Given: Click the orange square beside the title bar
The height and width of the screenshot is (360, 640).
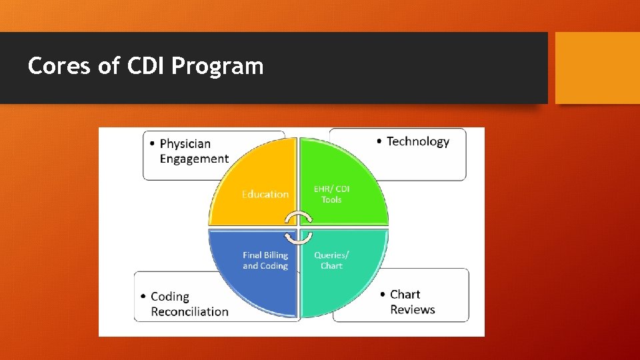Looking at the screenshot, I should pos(597,68).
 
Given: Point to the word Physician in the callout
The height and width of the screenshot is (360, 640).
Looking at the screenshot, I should pos(185,143).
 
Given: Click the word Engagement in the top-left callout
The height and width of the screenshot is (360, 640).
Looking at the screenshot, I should pos(194,159).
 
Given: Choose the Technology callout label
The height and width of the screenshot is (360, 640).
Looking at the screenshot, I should pos(418,141).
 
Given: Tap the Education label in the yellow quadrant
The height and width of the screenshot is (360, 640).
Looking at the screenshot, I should pos(265,194).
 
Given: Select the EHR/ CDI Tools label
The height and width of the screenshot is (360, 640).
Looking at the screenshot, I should pos(331,194).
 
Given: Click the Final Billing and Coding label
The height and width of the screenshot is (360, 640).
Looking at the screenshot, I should pos(265,260).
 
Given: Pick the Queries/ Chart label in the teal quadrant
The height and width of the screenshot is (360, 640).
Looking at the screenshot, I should pos(331,260).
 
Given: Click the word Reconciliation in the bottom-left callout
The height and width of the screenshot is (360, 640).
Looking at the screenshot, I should pos(189,311).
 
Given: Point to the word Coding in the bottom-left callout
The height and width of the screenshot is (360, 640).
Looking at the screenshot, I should pos(170,297).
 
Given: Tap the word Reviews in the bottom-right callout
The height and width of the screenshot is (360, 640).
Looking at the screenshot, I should pos(412,309).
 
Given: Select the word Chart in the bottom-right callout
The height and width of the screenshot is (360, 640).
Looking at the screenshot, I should pos(405,295).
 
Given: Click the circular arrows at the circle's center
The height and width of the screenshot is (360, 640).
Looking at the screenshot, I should pos(298,227).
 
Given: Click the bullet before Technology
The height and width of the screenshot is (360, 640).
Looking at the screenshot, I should pos(379,141).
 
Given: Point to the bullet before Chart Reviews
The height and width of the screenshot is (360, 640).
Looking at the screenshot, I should pos(383,295).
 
